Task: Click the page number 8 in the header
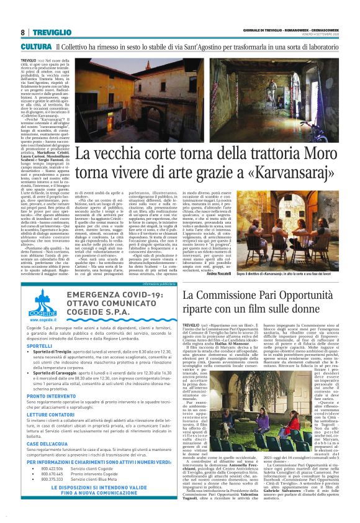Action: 22,32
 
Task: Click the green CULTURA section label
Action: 35,47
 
